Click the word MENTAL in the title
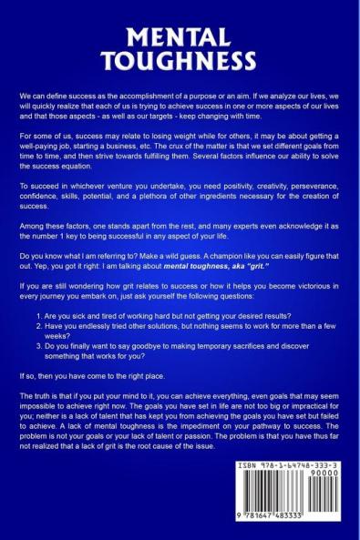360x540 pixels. (x=180, y=39)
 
